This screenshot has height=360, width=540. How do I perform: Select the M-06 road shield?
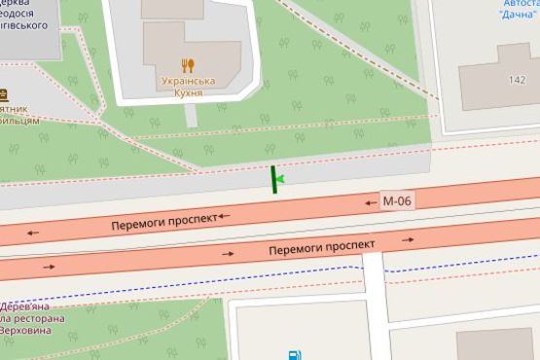[396, 201]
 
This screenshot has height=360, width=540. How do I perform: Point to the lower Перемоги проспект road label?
[321, 249]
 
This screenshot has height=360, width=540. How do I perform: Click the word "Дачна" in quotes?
[516, 15]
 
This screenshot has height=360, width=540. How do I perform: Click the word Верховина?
[32, 332]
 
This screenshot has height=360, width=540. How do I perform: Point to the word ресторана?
[36, 318]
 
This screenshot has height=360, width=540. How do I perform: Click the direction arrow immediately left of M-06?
[370, 202]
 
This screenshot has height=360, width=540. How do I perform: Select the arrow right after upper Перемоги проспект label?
[225, 216]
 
